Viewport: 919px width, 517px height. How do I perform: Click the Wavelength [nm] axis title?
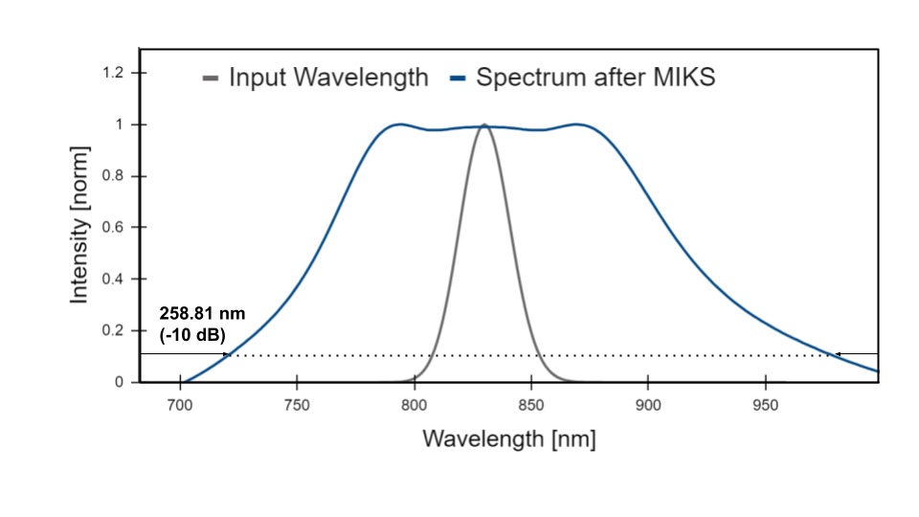point(509,439)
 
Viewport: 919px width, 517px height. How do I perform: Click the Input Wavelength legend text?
point(328,79)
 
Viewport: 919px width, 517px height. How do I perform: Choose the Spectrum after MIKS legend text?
point(595,79)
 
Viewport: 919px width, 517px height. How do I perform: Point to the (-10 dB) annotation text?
point(192,334)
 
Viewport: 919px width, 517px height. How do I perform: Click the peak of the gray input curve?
point(484,124)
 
